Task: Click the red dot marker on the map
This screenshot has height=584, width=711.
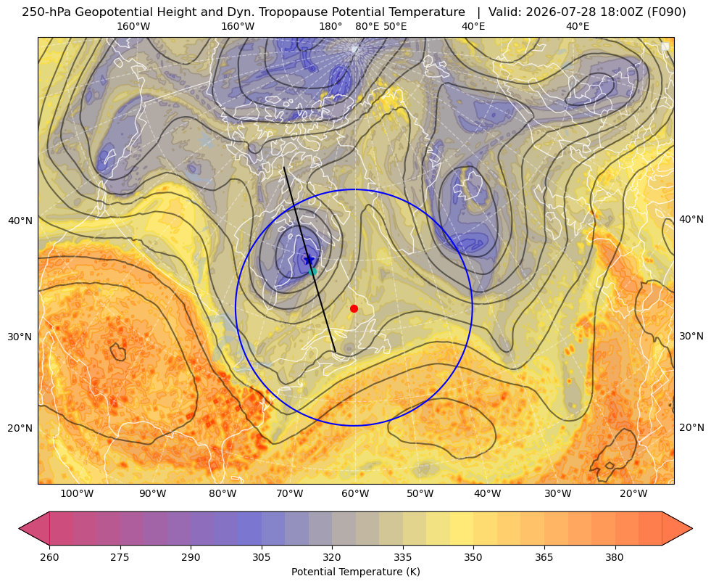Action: pyautogui.click(x=354, y=308)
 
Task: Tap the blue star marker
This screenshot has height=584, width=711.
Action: pyautogui.click(x=309, y=260)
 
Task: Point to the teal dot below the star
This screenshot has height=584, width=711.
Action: pyautogui.click(x=312, y=271)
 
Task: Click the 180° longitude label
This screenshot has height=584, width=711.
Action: pyautogui.click(x=330, y=26)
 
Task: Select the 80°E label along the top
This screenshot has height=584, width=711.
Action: pyautogui.click(x=367, y=26)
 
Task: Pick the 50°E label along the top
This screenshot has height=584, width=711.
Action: pyautogui.click(x=395, y=26)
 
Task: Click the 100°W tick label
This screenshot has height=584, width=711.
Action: pyautogui.click(x=77, y=494)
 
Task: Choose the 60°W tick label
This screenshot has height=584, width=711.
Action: pyautogui.click(x=355, y=494)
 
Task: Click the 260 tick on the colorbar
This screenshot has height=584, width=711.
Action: pyautogui.click(x=49, y=557)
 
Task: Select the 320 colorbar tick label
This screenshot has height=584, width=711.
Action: pyautogui.click(x=332, y=557)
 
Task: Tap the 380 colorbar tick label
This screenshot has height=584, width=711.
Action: pyautogui.click(x=615, y=557)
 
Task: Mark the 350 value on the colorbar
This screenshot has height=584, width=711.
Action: pyautogui.click(x=473, y=557)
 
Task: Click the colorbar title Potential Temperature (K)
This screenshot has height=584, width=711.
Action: pyautogui.click(x=355, y=572)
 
